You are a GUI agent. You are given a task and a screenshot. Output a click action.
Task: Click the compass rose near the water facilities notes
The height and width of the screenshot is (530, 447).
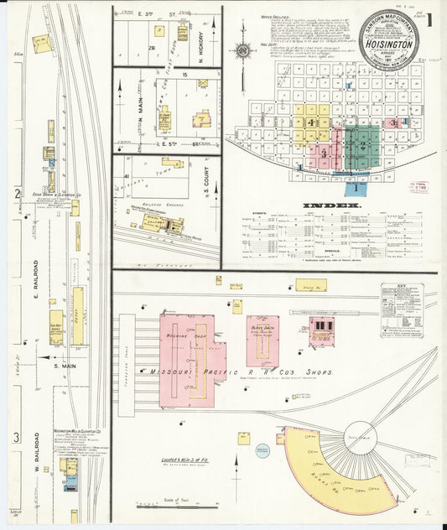(x=242, y=50)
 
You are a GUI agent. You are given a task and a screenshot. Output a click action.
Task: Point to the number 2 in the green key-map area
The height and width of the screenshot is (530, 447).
(x=361, y=145)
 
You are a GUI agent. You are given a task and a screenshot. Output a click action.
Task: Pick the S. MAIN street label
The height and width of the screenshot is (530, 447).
(x=64, y=365)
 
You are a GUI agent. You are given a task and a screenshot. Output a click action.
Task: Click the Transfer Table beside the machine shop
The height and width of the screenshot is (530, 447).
(x=127, y=360)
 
